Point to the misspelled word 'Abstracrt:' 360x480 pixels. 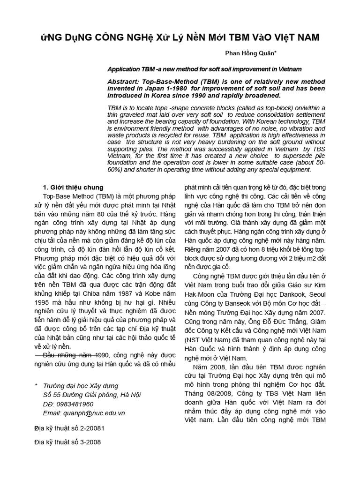pyautogui.click(x=123, y=82)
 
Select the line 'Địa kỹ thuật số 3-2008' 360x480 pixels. pyautogui.click(x=67, y=442)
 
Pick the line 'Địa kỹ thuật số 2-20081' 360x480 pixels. pyautogui.click(x=69, y=428)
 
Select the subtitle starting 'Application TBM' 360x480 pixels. pyautogui.click(x=204, y=69)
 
